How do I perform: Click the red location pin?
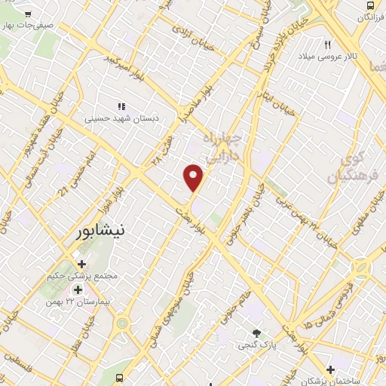[194, 176]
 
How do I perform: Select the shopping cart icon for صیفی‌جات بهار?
[27, 14]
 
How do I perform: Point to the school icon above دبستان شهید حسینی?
[120, 106]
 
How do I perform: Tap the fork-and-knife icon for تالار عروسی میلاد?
[328, 43]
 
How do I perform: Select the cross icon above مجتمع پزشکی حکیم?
[81, 265]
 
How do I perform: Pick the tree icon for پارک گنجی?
[257, 332]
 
